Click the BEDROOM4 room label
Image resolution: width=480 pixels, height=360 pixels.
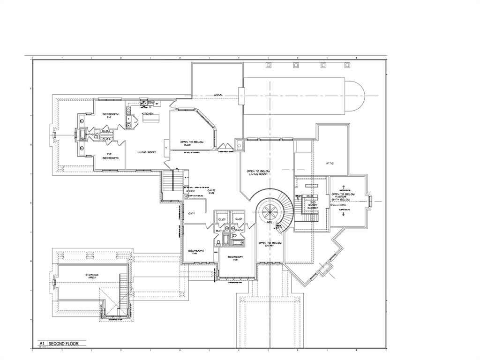110,114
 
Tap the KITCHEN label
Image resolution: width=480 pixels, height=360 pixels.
148,113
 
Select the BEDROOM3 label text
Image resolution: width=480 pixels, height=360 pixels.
110,157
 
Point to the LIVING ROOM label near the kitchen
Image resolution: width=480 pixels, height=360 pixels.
146,152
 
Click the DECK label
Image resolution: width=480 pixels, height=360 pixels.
218,95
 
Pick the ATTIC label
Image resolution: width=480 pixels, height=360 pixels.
330,163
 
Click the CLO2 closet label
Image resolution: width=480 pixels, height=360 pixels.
222,219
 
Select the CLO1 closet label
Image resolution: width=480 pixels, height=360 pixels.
238,219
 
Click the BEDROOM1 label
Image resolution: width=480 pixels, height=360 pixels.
235,257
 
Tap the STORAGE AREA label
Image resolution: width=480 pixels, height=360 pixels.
92,276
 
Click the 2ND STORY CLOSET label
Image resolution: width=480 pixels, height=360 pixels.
313,205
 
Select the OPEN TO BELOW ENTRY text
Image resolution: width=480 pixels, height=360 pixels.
270,244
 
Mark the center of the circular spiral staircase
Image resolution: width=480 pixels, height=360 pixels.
270,210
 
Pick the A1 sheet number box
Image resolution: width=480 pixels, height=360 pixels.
42,344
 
